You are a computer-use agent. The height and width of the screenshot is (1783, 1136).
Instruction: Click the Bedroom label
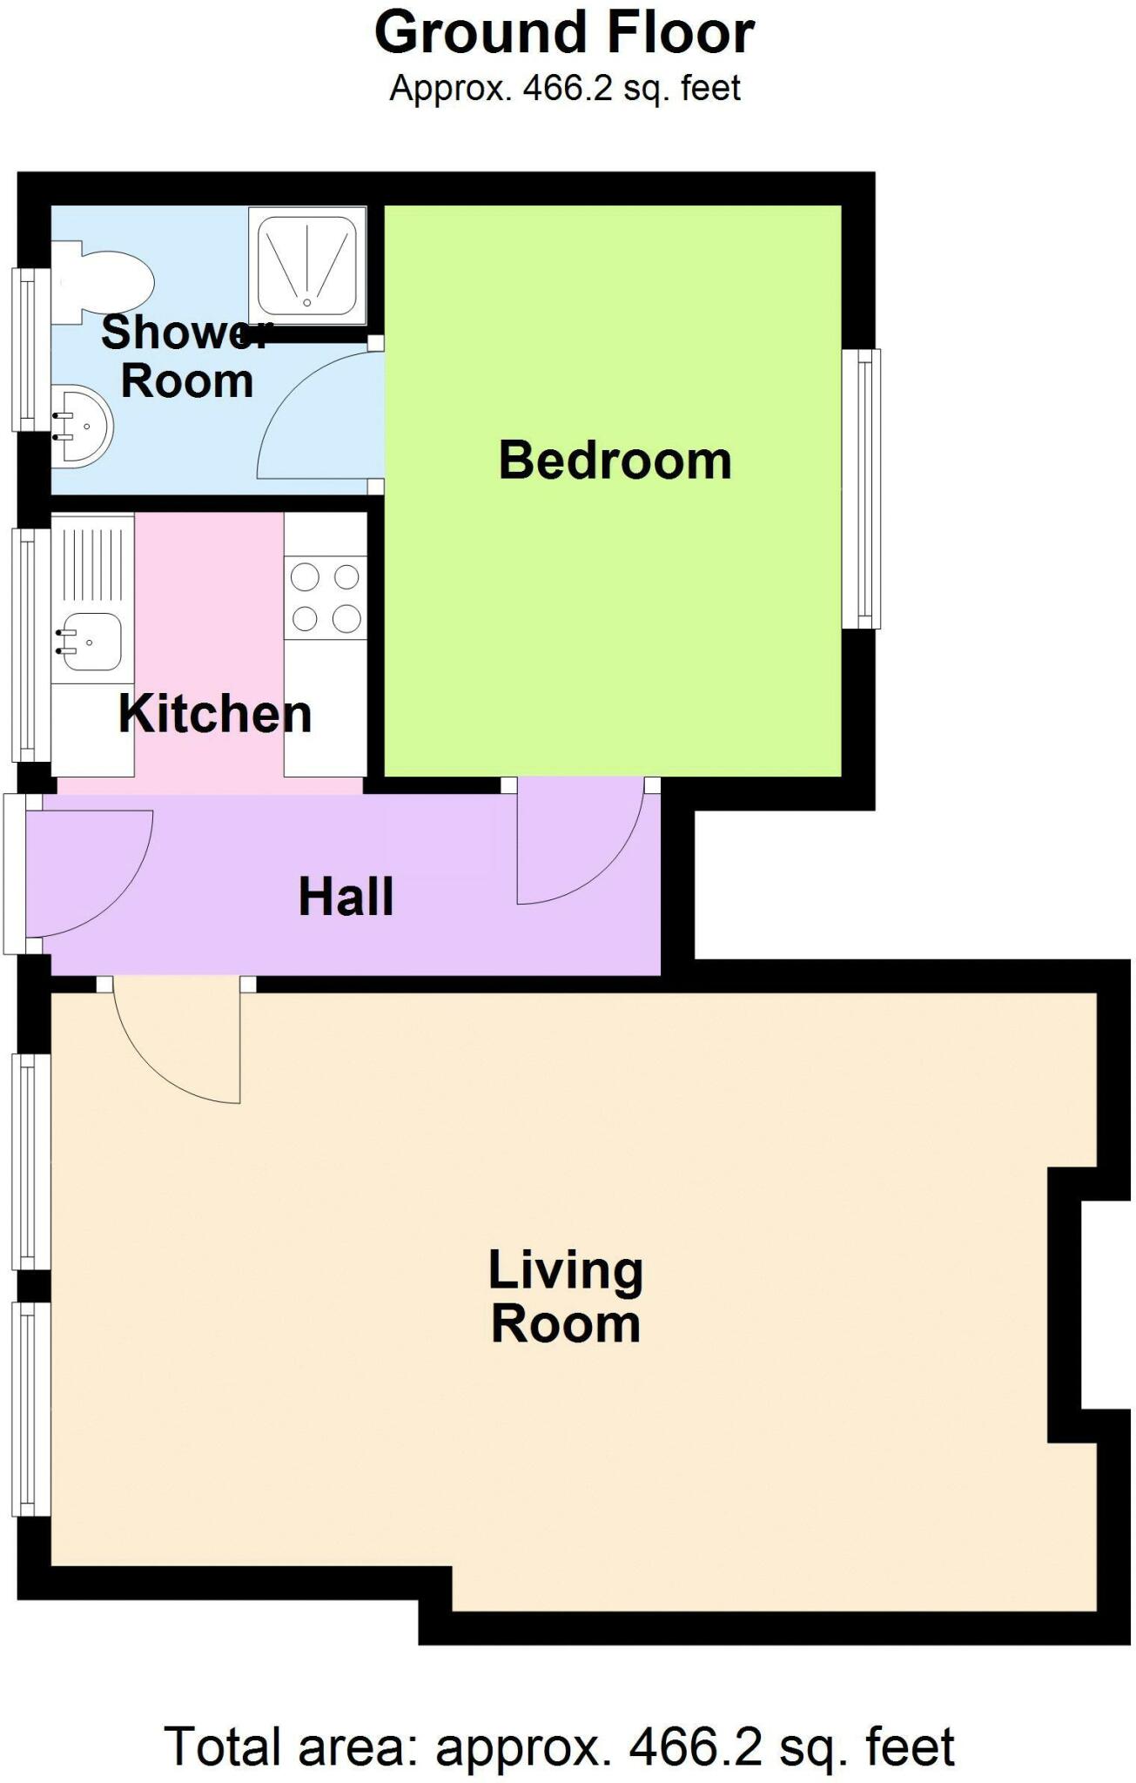click(x=615, y=460)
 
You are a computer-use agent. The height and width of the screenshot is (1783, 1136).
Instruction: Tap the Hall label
click(x=346, y=897)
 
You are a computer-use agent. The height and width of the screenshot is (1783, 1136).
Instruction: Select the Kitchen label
click(x=215, y=714)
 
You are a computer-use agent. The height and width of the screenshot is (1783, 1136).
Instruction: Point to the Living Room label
click(x=565, y=1296)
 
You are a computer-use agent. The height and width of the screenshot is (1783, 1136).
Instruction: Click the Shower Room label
click(x=186, y=357)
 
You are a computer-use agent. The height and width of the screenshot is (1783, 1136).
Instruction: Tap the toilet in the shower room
click(x=103, y=281)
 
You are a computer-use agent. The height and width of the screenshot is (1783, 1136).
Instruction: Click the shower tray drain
click(x=306, y=302)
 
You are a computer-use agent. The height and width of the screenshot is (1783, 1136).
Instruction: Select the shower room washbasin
click(x=82, y=427)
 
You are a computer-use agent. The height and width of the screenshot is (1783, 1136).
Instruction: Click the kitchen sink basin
click(x=90, y=643)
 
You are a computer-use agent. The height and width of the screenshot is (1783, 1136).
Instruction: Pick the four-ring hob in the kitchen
click(x=326, y=597)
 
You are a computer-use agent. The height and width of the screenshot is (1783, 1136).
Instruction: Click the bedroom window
click(x=862, y=488)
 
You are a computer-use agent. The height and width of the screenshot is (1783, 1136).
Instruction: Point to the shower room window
click(x=31, y=349)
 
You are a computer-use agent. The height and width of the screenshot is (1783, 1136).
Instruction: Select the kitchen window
click(x=31, y=645)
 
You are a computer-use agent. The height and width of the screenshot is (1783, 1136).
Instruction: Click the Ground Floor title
click(x=564, y=33)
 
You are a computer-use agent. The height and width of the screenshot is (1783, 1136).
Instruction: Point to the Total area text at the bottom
click(x=560, y=1746)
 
